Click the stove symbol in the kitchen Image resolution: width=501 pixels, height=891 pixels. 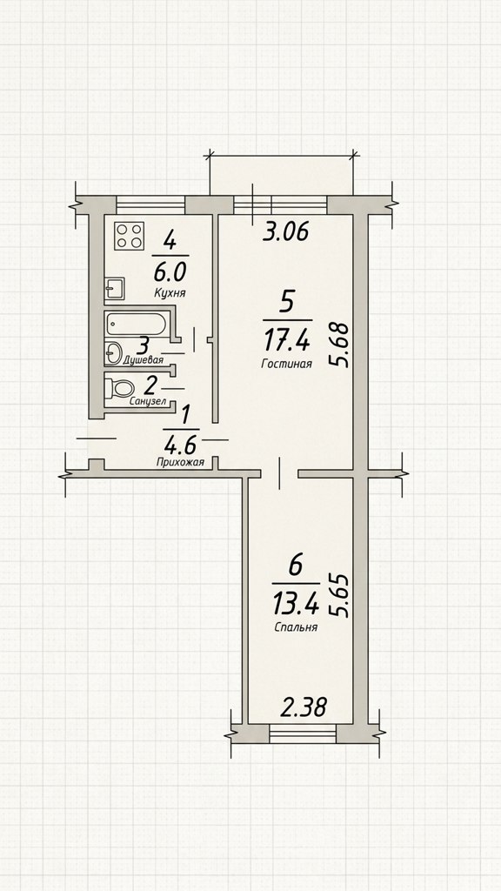point(129,235)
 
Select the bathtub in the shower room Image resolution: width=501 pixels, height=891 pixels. point(136,325)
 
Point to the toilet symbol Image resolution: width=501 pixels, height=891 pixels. point(118,389)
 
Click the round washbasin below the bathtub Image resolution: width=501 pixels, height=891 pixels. point(114,352)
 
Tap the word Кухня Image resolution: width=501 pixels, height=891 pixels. point(170,293)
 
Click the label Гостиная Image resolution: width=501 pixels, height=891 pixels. point(286,365)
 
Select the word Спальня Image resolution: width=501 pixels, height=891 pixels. point(296,628)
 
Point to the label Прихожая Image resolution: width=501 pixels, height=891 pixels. point(180,463)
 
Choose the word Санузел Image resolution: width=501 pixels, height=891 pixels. point(148,401)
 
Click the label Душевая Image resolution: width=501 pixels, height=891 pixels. point(144,360)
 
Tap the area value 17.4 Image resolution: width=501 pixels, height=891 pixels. point(286,341)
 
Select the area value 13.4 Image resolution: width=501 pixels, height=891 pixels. point(295,605)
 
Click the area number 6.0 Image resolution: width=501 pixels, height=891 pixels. point(170,272)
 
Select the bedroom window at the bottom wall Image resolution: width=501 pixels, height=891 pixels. point(302,734)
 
